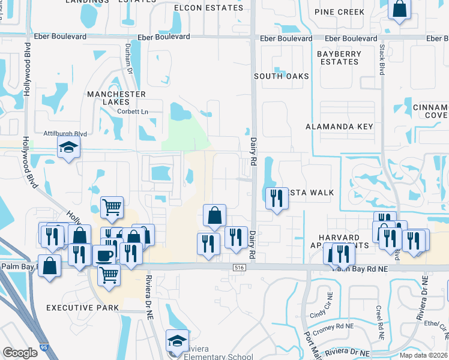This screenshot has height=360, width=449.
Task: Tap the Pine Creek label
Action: (x=340, y=12)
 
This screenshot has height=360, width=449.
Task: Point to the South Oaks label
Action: (x=281, y=76)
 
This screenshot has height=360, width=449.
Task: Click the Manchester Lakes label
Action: (x=116, y=98)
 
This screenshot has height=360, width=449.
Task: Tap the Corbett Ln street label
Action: (x=133, y=112)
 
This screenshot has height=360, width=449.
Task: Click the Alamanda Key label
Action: (x=339, y=127)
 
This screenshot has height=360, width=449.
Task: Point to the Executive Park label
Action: (x=82, y=308)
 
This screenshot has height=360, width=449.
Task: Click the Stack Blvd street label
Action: (x=381, y=61)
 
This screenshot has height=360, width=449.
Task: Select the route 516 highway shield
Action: (x=240, y=268)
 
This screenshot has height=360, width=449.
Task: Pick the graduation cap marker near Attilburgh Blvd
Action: (x=68, y=146)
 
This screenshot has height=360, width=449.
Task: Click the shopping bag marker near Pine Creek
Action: (x=399, y=9)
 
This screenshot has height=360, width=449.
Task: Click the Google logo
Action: (x=20, y=353)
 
